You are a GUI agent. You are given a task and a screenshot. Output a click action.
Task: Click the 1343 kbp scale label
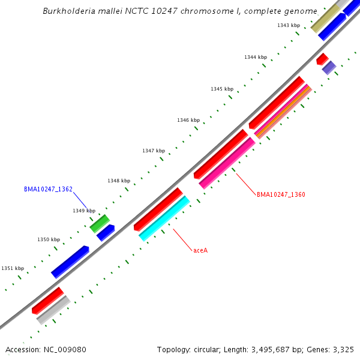[x=289, y=25]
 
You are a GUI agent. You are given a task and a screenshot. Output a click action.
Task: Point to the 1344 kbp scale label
[x=255, y=57]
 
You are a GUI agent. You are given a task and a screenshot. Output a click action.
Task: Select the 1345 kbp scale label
[x=221, y=89]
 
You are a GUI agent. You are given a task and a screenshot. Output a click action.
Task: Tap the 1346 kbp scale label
[x=188, y=120]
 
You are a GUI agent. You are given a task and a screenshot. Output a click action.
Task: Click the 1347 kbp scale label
[x=153, y=151]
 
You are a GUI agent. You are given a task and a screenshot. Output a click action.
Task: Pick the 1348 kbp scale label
[x=119, y=181]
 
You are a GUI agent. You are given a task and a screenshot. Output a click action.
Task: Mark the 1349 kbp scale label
[x=84, y=211]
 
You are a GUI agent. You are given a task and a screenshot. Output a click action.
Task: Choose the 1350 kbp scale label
[x=49, y=239]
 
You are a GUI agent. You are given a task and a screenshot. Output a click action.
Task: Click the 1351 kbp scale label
[x=13, y=268]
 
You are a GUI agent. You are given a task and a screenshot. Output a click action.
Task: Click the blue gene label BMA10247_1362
[x=48, y=189]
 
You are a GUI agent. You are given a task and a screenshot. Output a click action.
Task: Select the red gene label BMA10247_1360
[x=281, y=194]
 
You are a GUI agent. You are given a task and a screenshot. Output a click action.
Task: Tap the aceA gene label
[x=200, y=250]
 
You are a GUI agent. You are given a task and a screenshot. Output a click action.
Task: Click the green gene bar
[x=99, y=224]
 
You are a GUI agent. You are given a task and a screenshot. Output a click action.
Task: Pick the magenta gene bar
[x=227, y=163]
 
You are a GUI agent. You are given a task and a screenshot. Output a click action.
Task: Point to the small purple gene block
[x=329, y=68]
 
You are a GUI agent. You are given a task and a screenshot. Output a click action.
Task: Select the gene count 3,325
[x=342, y=349]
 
